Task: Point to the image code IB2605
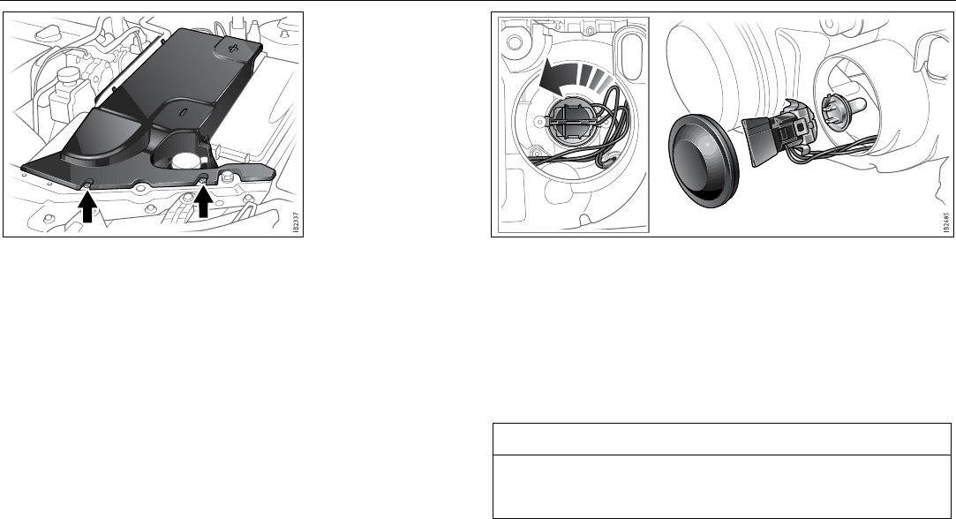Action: pyautogui.click(x=944, y=222)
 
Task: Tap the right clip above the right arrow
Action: pyautogui.click(x=203, y=178)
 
